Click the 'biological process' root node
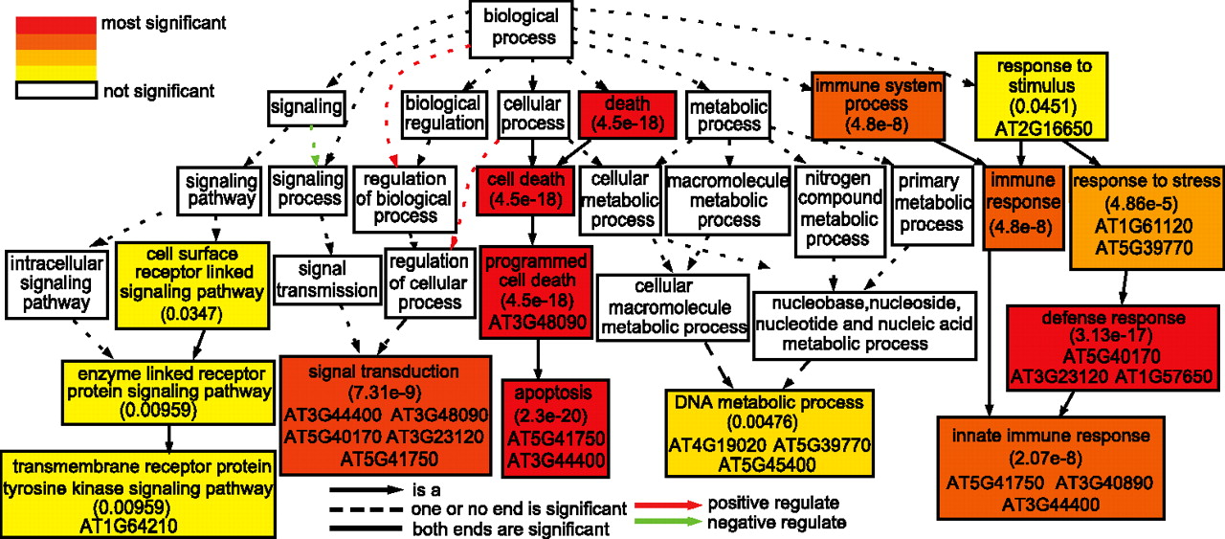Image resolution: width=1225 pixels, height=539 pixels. (521, 26)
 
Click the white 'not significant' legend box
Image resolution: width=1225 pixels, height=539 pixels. (55, 91)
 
